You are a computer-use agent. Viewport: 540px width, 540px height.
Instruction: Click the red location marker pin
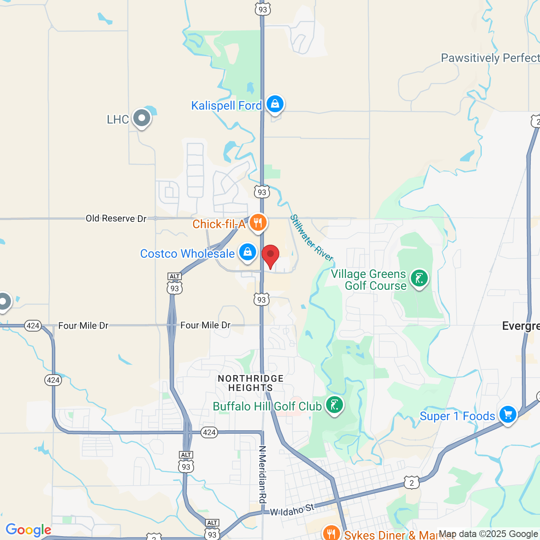[x=270, y=255]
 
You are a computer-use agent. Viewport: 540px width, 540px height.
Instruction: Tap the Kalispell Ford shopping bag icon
[x=275, y=103]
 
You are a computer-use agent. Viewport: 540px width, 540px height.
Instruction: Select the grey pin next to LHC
[x=141, y=118]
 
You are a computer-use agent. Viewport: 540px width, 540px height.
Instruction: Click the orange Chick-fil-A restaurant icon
[x=258, y=222]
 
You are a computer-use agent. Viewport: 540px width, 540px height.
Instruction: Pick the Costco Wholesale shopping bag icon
[x=248, y=252]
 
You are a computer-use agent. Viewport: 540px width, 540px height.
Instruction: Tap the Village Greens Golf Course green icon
[x=419, y=278]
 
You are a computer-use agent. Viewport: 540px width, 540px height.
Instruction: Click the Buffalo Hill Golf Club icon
[x=335, y=405]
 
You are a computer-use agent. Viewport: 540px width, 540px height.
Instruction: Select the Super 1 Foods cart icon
[x=508, y=414]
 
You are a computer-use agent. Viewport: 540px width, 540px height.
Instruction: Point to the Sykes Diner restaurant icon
[x=332, y=533]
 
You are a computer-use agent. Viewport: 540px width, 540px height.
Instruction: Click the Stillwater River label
[x=312, y=238]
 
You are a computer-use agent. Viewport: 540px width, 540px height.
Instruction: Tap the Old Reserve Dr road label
[x=116, y=219]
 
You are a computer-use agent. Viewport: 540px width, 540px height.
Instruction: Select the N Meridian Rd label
[x=262, y=475]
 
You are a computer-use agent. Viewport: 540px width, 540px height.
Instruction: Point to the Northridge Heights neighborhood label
[x=251, y=383]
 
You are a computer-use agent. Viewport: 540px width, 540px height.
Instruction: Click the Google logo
[x=28, y=530]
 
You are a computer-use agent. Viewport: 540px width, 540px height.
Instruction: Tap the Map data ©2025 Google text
[x=489, y=534]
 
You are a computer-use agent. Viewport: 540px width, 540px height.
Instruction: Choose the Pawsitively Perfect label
[x=490, y=58]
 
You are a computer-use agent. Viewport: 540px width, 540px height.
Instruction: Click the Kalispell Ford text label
[x=227, y=105]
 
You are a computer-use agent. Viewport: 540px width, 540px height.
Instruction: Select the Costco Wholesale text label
[x=187, y=254]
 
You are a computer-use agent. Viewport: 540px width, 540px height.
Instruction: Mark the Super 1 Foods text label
[x=457, y=416]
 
